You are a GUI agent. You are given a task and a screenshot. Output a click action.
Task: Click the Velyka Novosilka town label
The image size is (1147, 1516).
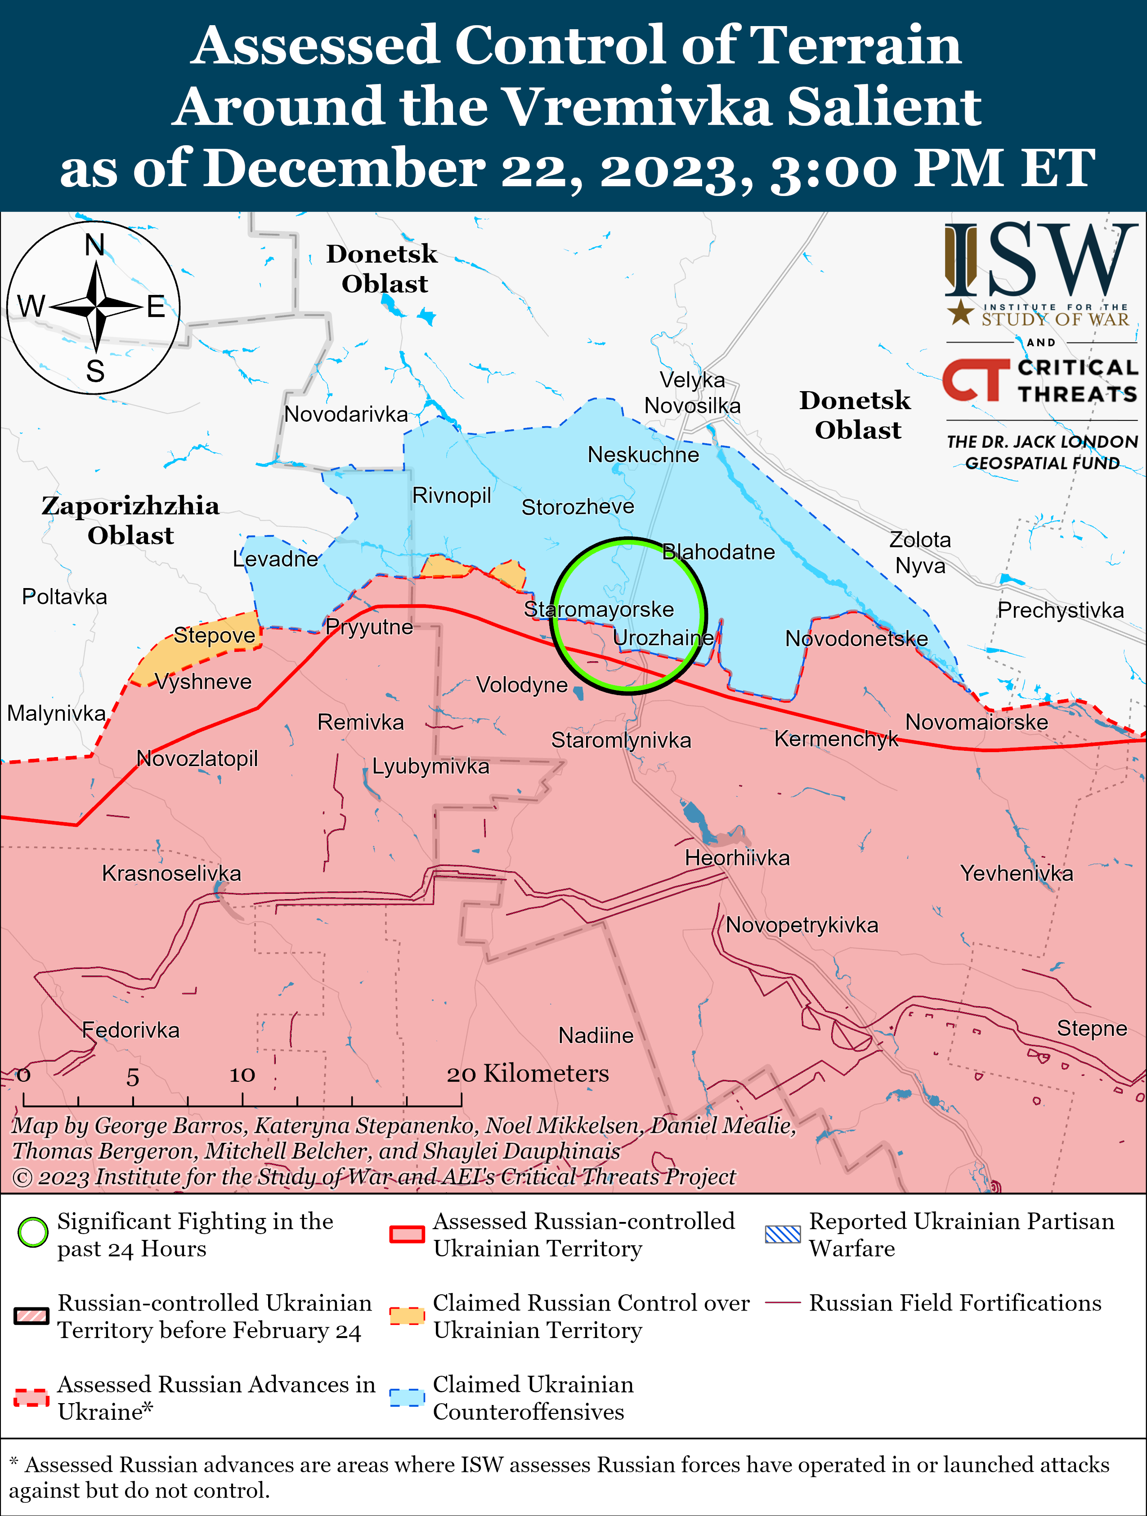692,392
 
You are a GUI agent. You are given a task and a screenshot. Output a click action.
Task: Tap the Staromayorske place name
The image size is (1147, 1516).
599,609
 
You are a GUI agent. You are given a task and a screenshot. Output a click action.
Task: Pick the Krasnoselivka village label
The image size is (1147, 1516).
171,873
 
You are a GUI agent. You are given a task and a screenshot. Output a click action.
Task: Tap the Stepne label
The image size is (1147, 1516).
1092,1028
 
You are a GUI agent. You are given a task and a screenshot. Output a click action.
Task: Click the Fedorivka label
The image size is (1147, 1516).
130,1030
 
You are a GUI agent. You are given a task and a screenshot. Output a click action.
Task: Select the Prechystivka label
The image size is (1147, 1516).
1060,610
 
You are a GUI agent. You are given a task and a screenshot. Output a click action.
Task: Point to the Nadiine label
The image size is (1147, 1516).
596,1035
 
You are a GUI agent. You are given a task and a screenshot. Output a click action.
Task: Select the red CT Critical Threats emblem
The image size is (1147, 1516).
975,380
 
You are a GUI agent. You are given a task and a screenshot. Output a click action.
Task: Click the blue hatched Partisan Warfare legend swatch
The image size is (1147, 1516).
782,1234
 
